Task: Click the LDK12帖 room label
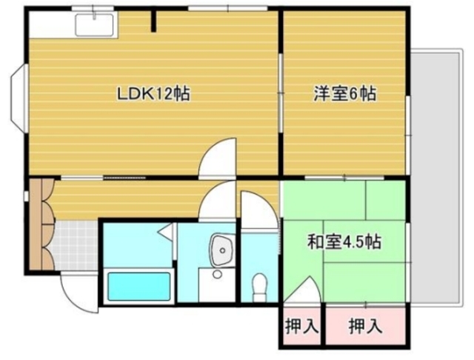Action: coord(154,94)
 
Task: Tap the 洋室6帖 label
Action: coord(344,94)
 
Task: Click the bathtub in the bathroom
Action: coord(139,286)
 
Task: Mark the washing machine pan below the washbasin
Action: coord(216,285)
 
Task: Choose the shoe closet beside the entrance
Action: coord(43,226)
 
